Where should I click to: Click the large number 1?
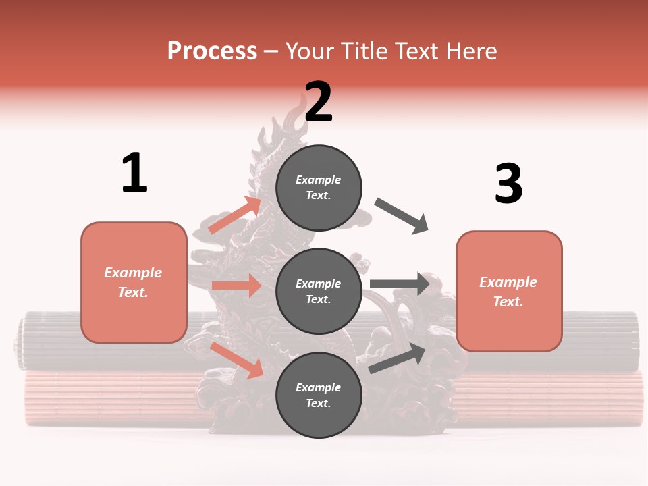(134, 173)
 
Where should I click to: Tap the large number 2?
(319, 103)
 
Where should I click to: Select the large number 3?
(508, 184)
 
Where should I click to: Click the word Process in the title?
(212, 51)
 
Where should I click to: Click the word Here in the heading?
(470, 51)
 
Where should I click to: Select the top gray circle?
(319, 188)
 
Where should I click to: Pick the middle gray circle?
(319, 291)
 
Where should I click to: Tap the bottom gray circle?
(319, 395)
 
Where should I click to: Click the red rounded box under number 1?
(134, 282)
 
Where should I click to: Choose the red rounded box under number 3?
(509, 291)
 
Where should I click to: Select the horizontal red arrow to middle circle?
(236, 286)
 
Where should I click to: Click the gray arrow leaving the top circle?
(402, 216)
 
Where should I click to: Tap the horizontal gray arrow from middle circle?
(400, 283)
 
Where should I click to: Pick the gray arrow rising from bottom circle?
(397, 358)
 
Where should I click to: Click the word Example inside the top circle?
(319, 180)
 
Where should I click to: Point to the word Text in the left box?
(132, 292)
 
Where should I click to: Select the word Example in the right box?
(508, 282)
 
